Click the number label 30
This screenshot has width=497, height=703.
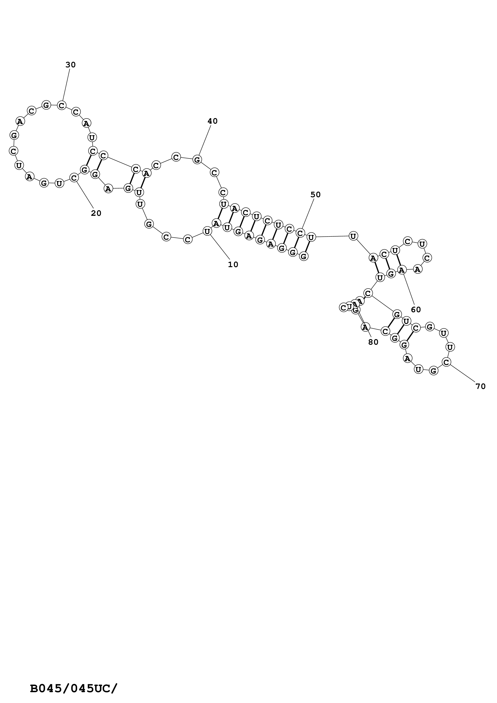(x=70, y=65)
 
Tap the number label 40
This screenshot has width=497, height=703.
(x=213, y=121)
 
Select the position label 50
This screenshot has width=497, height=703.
(x=315, y=195)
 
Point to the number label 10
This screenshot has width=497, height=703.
(x=233, y=265)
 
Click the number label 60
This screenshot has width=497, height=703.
(x=416, y=310)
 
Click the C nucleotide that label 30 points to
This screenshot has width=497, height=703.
(x=62, y=105)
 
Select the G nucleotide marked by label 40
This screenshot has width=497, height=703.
(x=197, y=160)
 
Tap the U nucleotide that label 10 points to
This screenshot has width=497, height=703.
(x=207, y=231)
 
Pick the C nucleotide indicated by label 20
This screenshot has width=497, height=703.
(x=74, y=178)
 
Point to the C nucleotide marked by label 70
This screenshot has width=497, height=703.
(x=446, y=362)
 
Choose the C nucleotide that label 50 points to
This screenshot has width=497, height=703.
(x=300, y=233)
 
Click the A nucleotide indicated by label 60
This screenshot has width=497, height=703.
(x=402, y=270)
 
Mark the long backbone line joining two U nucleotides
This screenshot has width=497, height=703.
(x=332, y=237)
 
